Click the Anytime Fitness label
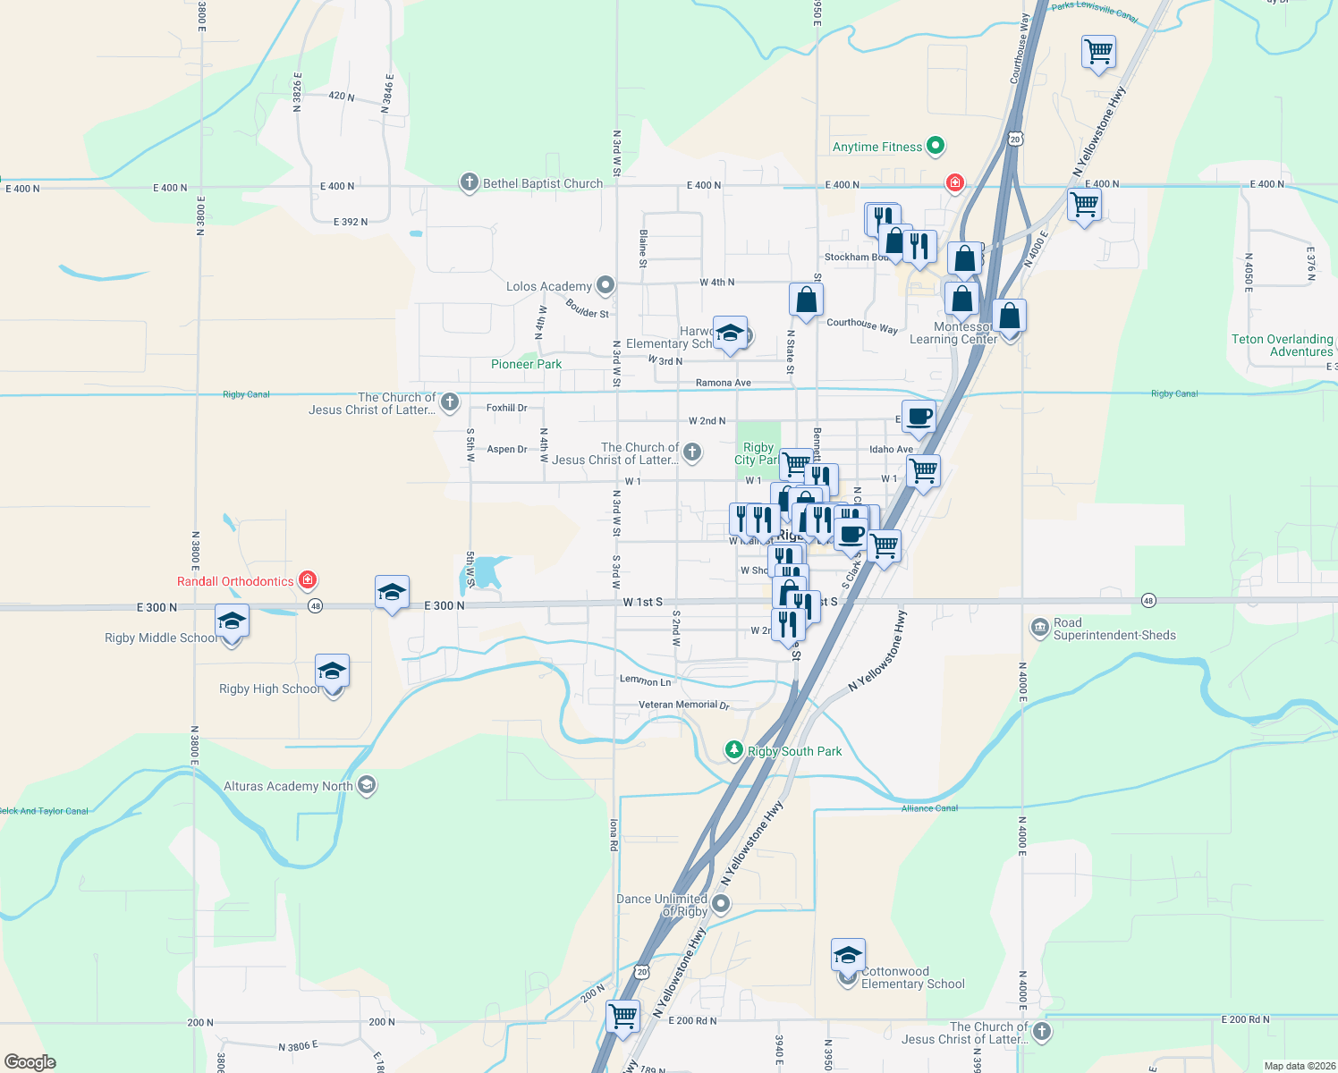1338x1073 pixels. click(x=876, y=147)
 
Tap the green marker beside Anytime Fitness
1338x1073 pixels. click(x=936, y=145)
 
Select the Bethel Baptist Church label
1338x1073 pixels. click(x=542, y=183)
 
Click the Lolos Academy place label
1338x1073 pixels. click(x=548, y=286)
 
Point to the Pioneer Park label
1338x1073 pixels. click(x=526, y=364)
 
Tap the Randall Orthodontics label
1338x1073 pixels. click(x=234, y=581)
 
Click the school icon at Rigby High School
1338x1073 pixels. click(x=332, y=672)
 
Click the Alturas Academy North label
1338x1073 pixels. click(x=288, y=786)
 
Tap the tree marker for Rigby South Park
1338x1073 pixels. click(x=734, y=749)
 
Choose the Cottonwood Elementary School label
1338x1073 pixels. click(x=912, y=977)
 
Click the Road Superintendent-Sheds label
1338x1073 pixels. click(x=1114, y=629)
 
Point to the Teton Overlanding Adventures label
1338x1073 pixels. click(x=1282, y=345)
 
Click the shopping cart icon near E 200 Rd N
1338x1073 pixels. click(x=622, y=1016)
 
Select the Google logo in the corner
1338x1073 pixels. click(x=30, y=1062)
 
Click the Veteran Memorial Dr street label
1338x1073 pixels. click(x=683, y=705)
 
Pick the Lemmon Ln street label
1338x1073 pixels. click(x=645, y=680)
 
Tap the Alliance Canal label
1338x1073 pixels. click(x=929, y=808)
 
